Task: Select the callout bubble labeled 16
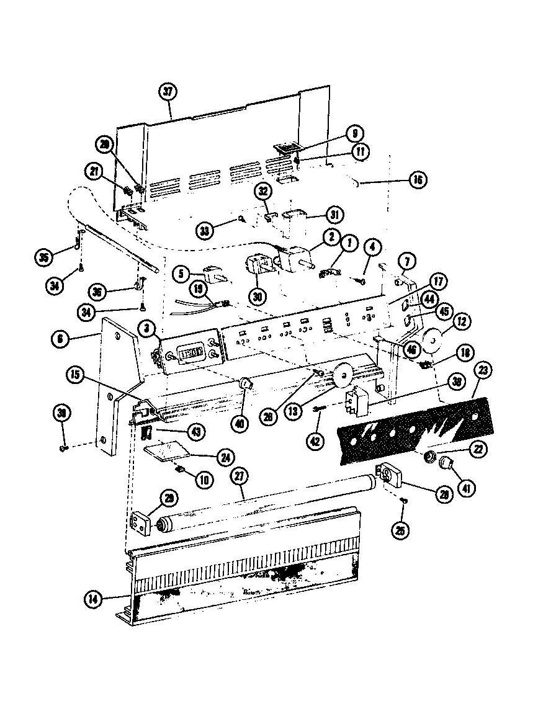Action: pyautogui.click(x=417, y=181)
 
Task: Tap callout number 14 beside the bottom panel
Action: pyautogui.click(x=93, y=599)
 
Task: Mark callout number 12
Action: pyautogui.click(x=463, y=321)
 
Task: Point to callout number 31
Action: pyautogui.click(x=334, y=214)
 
